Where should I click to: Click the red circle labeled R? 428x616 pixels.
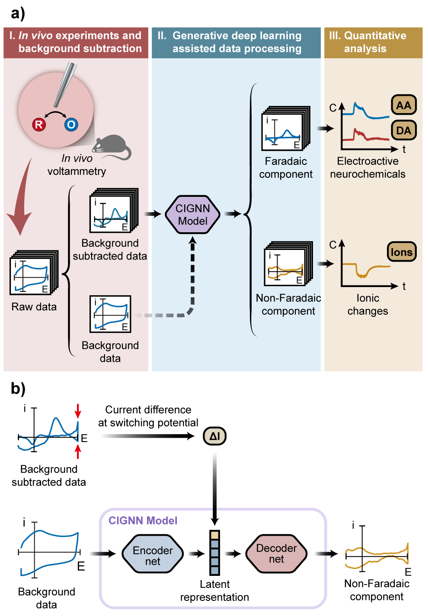(39, 125)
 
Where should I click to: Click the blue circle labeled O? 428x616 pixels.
(71, 125)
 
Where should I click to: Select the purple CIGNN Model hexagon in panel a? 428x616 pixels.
(193, 215)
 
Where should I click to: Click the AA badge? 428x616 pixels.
(403, 105)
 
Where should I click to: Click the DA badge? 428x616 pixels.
(403, 130)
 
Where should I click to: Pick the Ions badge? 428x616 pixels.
(401, 252)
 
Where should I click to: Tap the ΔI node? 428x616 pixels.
(214, 436)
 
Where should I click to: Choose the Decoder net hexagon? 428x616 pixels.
(276, 553)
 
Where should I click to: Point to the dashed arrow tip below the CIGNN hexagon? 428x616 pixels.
(193, 240)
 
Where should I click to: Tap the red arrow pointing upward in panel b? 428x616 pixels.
(78, 451)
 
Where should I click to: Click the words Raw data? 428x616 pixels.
(34, 306)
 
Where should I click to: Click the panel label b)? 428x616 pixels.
(18, 389)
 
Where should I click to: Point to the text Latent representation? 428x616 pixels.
(214, 591)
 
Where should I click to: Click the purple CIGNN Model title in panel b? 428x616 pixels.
(143, 521)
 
